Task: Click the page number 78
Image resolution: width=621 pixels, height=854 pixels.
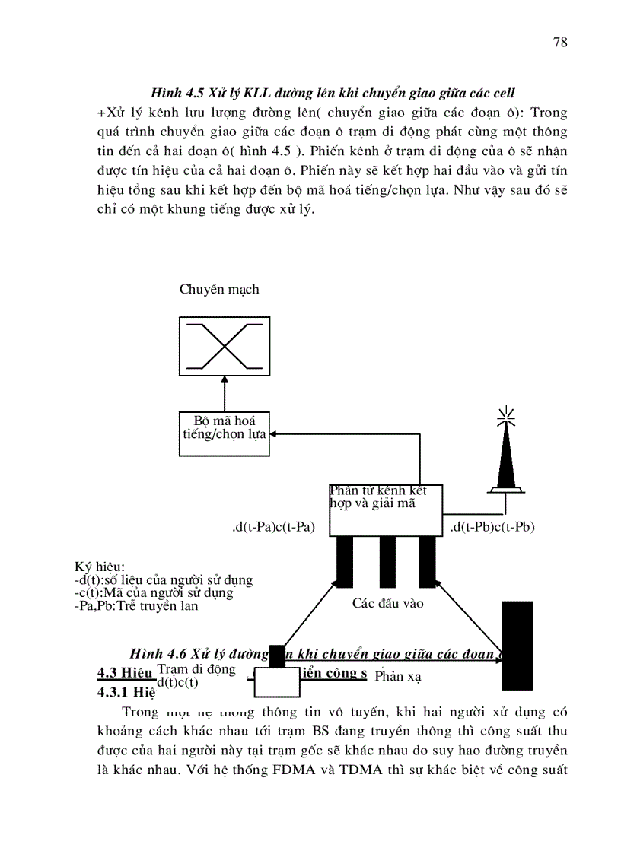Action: [x=559, y=43]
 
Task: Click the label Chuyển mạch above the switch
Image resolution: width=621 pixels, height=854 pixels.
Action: [x=219, y=289]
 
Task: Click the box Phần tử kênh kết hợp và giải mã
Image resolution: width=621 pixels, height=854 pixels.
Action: [x=386, y=508]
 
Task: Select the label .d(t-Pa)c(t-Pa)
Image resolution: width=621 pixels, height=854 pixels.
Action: [x=274, y=527]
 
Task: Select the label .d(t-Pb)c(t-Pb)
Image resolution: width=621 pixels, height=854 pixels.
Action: [x=492, y=527]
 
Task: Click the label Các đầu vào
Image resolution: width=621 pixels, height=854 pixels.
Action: [x=387, y=604]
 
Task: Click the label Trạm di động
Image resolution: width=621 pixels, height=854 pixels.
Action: [x=196, y=669]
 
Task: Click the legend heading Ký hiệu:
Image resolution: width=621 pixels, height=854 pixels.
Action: [x=99, y=567]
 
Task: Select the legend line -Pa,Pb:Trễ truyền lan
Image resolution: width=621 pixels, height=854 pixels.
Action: [x=135, y=606]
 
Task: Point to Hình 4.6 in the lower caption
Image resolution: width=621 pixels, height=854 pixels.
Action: [x=158, y=654]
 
